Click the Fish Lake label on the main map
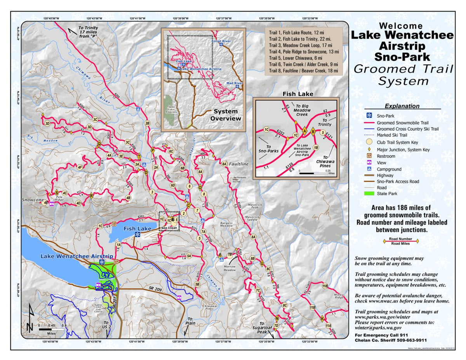pyautogui.click(x=137, y=229)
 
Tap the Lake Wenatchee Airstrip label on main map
pyautogui.click(x=77, y=256)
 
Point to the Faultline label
pyautogui.click(x=238, y=164)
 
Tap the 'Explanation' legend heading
pyautogui.click(x=402, y=106)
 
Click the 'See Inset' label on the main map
pyautogui.click(x=169, y=228)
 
